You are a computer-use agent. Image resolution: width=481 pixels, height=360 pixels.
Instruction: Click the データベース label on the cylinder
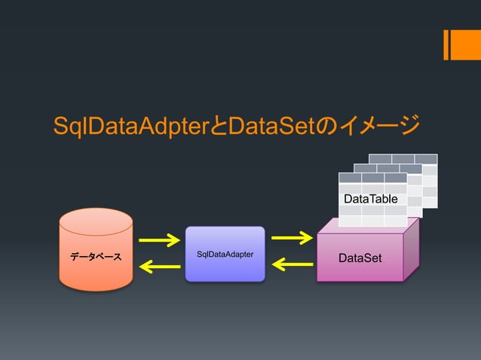pyautogui.click(x=96, y=258)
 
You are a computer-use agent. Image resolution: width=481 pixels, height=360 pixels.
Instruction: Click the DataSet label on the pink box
pyautogui.click(x=360, y=258)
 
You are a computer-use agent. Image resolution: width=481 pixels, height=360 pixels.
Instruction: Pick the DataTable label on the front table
pyautogui.click(x=371, y=198)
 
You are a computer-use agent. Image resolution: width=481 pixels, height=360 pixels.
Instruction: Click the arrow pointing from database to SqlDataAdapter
pyautogui.click(x=159, y=241)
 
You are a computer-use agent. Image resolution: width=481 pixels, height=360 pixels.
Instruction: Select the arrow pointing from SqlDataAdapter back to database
pyautogui.click(x=159, y=265)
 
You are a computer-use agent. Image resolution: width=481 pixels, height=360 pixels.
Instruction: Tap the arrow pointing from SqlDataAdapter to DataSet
pyautogui.click(x=292, y=239)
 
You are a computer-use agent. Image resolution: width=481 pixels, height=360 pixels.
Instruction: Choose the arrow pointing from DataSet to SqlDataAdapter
pyautogui.click(x=292, y=264)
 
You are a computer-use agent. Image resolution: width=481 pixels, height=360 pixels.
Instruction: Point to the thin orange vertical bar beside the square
pyautogui.click(x=446, y=44)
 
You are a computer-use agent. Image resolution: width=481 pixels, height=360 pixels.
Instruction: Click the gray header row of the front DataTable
pyautogui.click(x=372, y=178)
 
